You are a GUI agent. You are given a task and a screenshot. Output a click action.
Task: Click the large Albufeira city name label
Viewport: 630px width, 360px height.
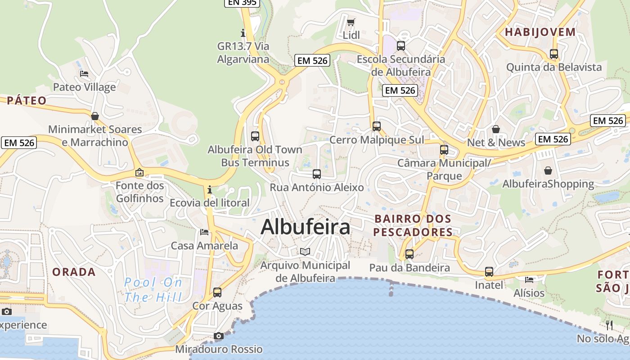click(305, 227)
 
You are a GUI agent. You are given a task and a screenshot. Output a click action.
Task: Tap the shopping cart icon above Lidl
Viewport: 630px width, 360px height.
click(351, 22)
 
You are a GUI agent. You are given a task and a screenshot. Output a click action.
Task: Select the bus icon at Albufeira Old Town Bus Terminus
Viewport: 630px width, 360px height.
click(255, 136)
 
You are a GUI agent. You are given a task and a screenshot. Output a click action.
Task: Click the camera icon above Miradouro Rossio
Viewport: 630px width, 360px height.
click(219, 336)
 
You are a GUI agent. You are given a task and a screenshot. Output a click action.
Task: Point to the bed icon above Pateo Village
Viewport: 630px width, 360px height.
click(84, 74)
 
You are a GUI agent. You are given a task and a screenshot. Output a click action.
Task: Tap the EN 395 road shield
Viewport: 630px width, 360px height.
click(242, 2)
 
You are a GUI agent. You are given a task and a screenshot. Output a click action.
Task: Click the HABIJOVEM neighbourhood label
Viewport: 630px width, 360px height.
click(540, 32)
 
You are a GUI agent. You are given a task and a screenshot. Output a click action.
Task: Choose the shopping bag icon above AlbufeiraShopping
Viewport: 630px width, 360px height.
click(548, 171)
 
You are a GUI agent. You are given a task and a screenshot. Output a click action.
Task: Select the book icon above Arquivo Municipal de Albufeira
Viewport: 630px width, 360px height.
click(305, 252)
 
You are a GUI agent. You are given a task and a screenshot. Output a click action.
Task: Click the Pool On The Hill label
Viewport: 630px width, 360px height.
click(153, 290)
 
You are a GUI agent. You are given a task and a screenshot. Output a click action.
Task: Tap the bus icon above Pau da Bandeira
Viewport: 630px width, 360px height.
click(409, 254)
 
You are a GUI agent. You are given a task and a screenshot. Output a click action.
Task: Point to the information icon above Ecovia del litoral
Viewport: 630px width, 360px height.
click(210, 189)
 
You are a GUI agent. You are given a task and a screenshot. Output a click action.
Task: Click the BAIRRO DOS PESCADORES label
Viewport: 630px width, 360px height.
click(413, 225)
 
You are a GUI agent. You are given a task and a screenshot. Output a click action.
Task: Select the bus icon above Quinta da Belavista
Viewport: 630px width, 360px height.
click(554, 54)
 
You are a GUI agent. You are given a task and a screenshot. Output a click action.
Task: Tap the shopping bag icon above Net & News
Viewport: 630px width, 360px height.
click(496, 129)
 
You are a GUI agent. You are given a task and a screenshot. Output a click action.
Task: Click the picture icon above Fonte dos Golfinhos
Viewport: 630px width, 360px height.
click(139, 172)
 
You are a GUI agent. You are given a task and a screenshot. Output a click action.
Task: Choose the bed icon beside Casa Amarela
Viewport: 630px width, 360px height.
click(204, 232)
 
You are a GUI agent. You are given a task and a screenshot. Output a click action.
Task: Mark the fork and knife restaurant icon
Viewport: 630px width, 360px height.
click(609, 325)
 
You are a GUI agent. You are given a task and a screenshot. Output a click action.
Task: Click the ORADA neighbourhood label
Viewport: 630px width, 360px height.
click(74, 272)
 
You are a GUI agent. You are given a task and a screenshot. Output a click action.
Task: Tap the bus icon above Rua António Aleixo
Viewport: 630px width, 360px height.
click(317, 174)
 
